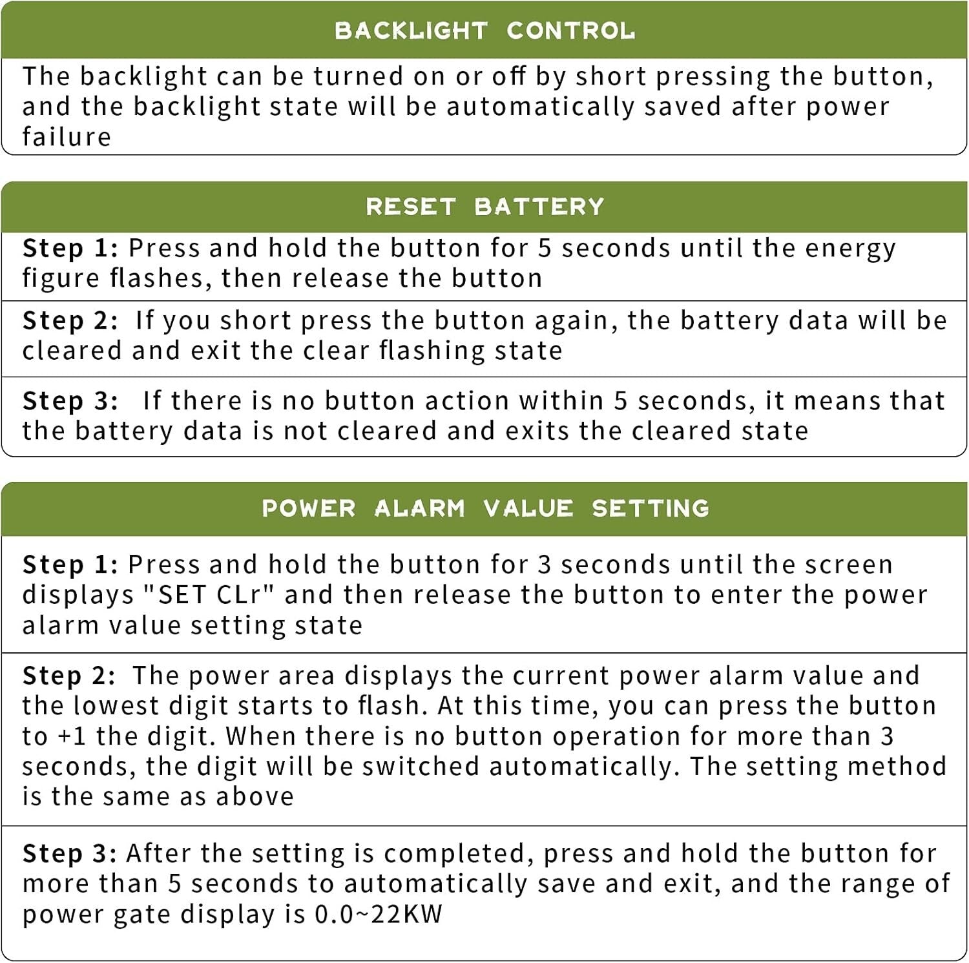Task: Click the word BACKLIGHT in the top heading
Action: coord(411,30)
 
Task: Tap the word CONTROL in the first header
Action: coord(570,30)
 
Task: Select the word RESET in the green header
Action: coord(411,207)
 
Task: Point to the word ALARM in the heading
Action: coord(419,508)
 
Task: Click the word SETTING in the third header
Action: coord(651,508)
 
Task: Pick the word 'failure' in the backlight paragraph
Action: coord(67,137)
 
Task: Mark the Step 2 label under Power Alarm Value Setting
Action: coord(69,676)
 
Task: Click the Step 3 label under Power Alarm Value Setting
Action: coord(70,854)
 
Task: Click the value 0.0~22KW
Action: coord(379,914)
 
